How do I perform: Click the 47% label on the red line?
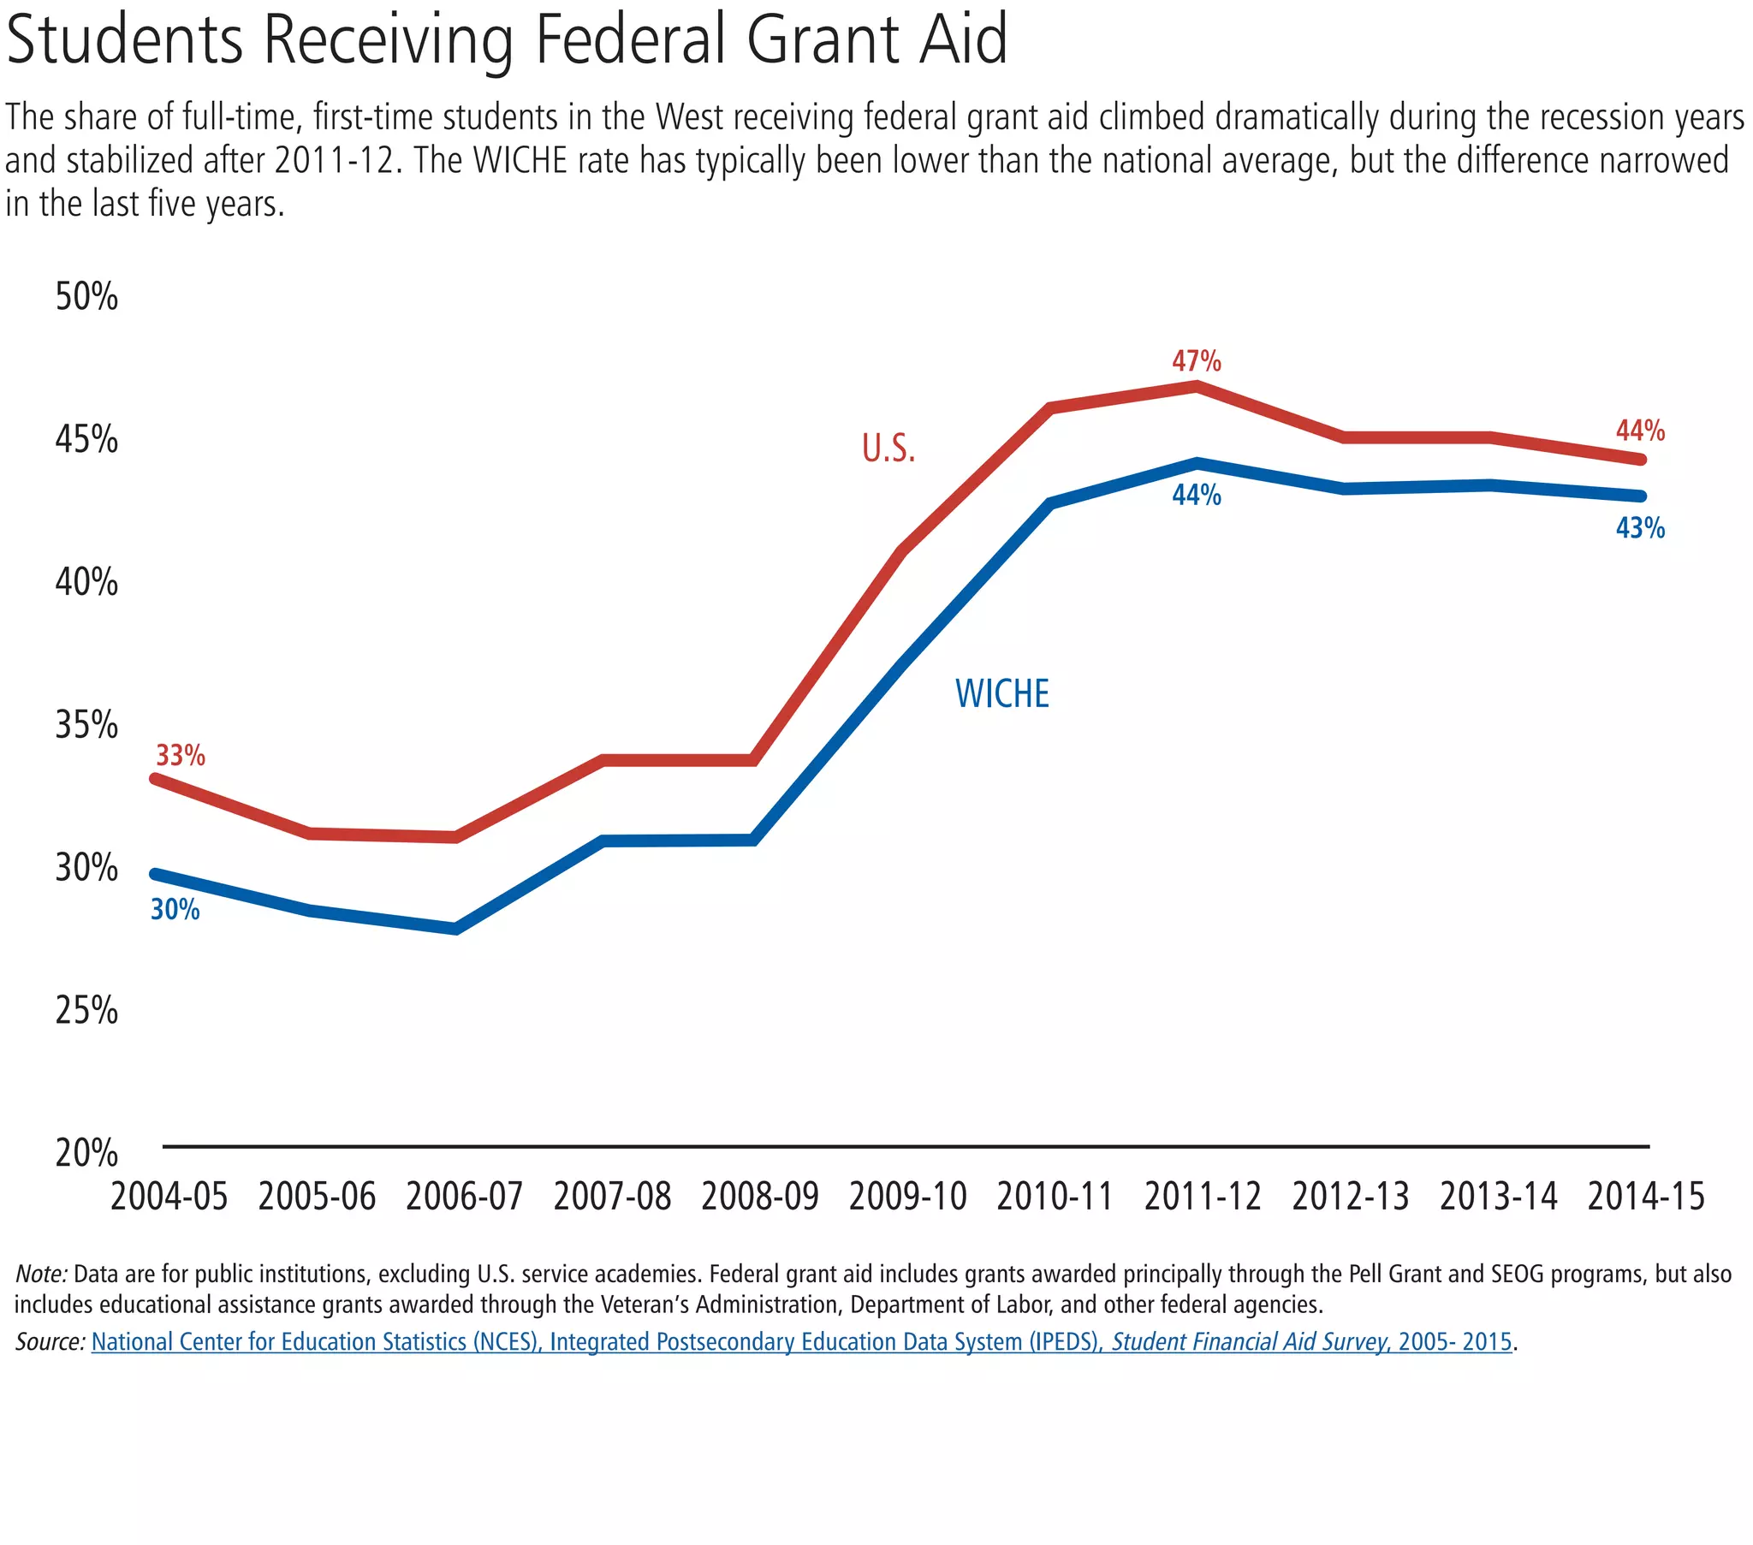(1197, 361)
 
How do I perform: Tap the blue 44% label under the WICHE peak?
(1197, 495)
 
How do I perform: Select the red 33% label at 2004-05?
(180, 756)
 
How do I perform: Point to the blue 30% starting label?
(175, 909)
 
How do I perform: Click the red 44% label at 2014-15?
(1640, 431)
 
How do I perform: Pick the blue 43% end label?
(1640, 528)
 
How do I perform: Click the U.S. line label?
(888, 449)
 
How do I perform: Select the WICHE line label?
(1001, 694)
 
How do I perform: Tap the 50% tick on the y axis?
(86, 297)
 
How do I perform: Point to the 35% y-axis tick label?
(86, 726)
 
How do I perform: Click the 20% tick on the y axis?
(86, 1154)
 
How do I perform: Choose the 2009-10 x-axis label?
(907, 1197)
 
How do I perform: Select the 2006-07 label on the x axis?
(464, 1197)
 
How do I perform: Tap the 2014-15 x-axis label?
(1646, 1197)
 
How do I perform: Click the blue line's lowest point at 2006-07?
(456, 928)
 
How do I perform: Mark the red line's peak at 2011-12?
(1197, 387)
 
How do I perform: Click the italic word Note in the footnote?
(41, 1274)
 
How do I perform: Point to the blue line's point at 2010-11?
(1051, 502)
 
